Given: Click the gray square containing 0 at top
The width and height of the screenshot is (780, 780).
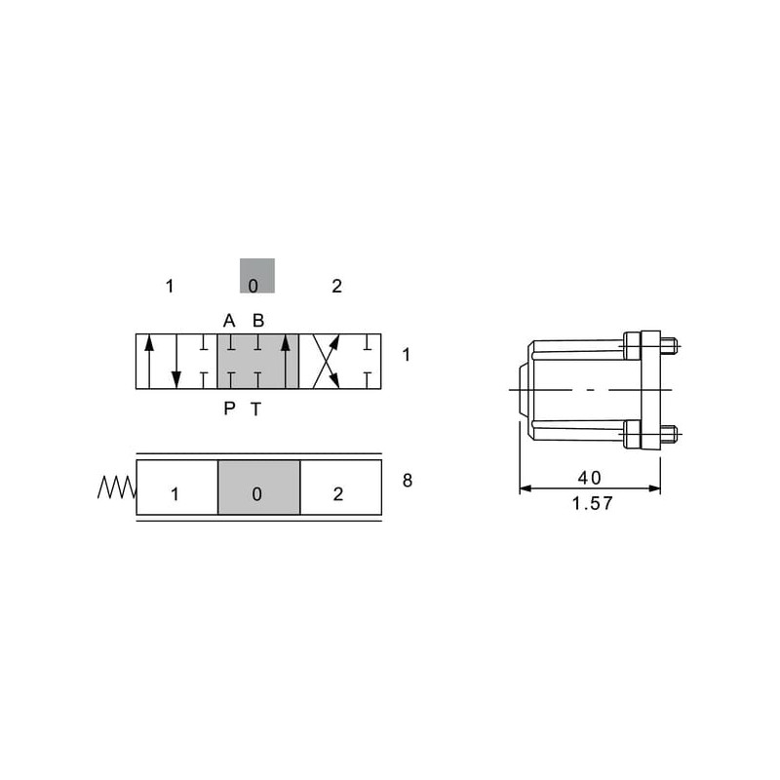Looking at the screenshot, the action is tap(257, 276).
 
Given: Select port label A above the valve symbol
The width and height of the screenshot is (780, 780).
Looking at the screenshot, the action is tap(229, 321).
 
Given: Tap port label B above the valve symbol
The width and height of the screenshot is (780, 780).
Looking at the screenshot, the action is tap(258, 321).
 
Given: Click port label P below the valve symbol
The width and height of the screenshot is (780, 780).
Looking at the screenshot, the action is tap(229, 409).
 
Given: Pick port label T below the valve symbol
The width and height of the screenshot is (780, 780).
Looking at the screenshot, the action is tap(255, 409).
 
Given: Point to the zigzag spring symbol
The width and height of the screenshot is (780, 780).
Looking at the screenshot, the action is tap(117, 487).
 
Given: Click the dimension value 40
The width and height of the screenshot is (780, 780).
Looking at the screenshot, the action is tap(590, 478).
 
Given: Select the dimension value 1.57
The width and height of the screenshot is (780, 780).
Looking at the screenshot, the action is tap(593, 503).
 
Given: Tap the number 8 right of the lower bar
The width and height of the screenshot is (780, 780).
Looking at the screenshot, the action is tap(408, 481).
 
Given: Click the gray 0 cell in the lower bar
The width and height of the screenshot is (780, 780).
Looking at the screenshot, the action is tap(259, 487).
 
